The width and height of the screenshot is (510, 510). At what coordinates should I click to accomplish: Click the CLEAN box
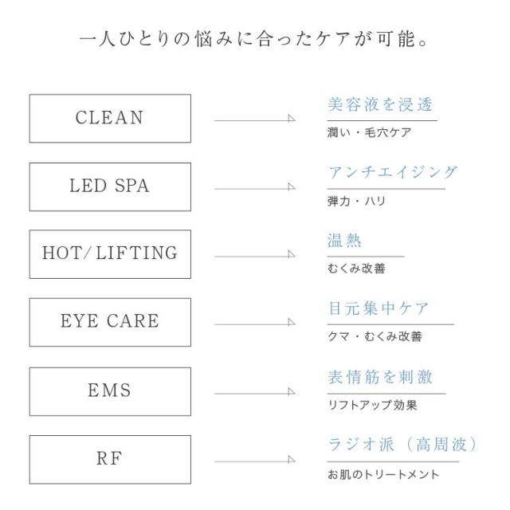(110, 119)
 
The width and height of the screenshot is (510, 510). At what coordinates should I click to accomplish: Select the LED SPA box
(110, 187)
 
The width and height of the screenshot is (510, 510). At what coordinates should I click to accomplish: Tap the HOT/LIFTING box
(110, 254)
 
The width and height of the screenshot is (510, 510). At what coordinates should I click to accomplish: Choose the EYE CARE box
(110, 323)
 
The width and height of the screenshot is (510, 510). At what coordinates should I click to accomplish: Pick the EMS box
(110, 391)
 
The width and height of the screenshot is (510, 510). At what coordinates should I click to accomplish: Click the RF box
(110, 460)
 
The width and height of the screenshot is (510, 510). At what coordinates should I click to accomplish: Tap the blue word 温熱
(345, 241)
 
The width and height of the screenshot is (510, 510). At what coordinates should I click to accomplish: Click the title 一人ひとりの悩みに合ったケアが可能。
(255, 37)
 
